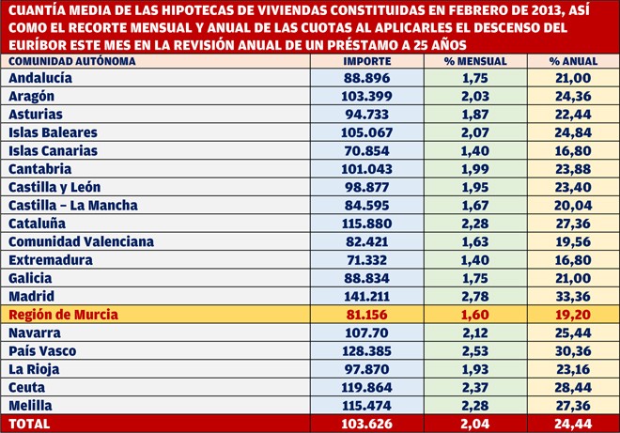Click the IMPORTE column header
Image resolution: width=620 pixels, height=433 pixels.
click(367, 61)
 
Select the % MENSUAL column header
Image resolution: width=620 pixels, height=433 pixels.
click(475, 61)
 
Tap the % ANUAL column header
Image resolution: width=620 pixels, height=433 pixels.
click(573, 61)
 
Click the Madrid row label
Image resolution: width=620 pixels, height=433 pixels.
click(32, 296)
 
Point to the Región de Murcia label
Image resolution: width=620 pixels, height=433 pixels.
click(63, 315)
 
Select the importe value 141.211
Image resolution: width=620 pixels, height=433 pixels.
click(367, 296)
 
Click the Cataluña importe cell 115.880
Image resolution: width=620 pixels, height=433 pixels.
click(367, 224)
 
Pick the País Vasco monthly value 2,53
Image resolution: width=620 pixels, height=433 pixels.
click(475, 351)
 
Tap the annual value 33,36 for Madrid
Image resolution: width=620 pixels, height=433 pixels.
click(573, 296)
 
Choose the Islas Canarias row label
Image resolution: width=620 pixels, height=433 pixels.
click(53, 150)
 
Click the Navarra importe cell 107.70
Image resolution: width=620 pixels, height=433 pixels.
click(367, 332)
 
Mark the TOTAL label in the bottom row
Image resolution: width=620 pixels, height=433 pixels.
click(29, 424)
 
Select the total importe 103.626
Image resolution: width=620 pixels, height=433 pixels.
click(367, 424)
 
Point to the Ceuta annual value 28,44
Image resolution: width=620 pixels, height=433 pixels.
click(573, 388)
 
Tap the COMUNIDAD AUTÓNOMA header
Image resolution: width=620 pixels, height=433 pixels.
click(72, 61)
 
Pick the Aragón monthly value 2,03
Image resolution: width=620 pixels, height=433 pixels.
click(475, 96)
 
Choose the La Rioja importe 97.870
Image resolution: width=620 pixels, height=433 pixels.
click(367, 369)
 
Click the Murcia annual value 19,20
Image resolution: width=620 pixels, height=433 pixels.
click(573, 315)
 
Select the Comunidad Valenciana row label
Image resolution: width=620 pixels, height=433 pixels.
click(81, 241)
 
